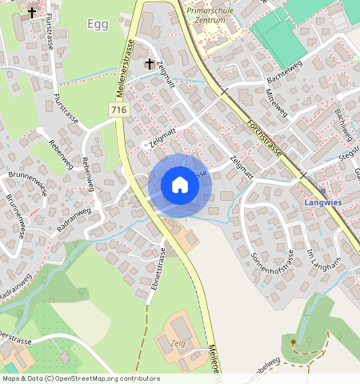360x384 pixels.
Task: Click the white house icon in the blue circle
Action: pyautogui.click(x=180, y=186)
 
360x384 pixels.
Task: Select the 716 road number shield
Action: pyautogui.click(x=118, y=109)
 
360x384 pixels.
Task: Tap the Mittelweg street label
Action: pyautogui.click(x=274, y=103)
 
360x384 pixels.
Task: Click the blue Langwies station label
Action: pyautogui.click(x=324, y=203)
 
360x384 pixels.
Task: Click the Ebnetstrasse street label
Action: pyautogui.click(x=158, y=270)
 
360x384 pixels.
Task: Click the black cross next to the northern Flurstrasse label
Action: pyautogui.click(x=32, y=13)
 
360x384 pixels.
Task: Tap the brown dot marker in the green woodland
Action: pyautogui.click(x=294, y=342)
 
